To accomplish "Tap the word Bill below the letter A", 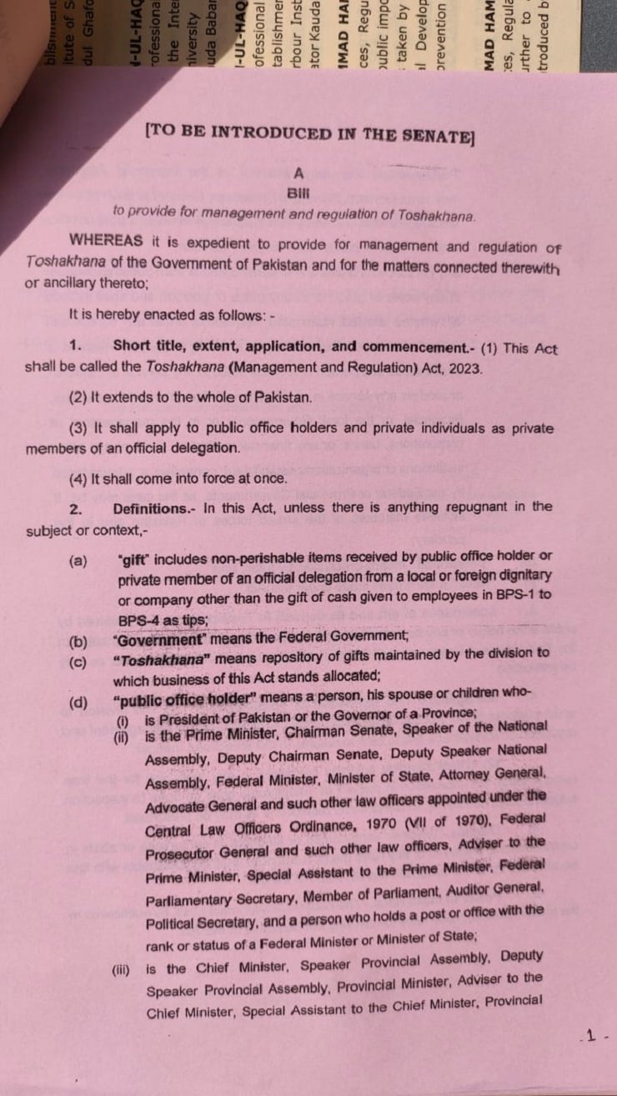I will [298, 193].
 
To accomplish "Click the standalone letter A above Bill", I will [298, 173].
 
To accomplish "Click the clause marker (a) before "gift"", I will [78, 561].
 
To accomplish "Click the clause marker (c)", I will [78, 662].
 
